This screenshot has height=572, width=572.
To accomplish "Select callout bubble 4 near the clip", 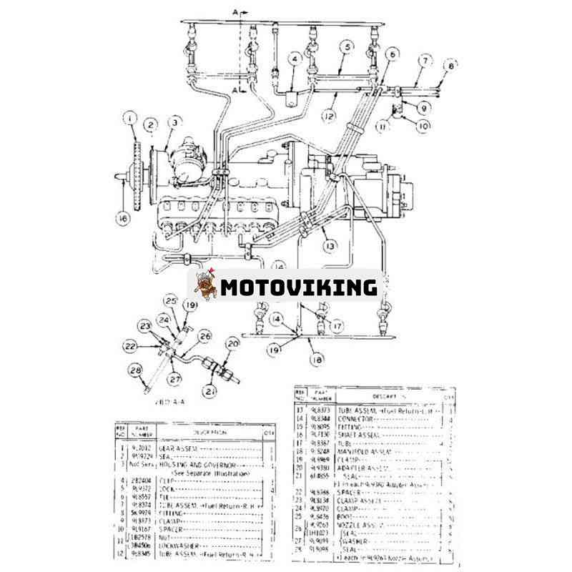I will tap(295, 59).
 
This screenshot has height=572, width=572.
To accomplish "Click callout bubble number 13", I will tap(330, 246).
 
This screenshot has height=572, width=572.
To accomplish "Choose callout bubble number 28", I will tap(136, 369).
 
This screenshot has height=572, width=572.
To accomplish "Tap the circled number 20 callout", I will tap(233, 344).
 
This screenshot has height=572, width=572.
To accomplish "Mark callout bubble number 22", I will tap(130, 345).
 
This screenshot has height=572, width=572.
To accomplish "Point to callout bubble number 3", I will tap(174, 124).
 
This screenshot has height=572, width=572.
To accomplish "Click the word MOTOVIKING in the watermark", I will tap(297, 287).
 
